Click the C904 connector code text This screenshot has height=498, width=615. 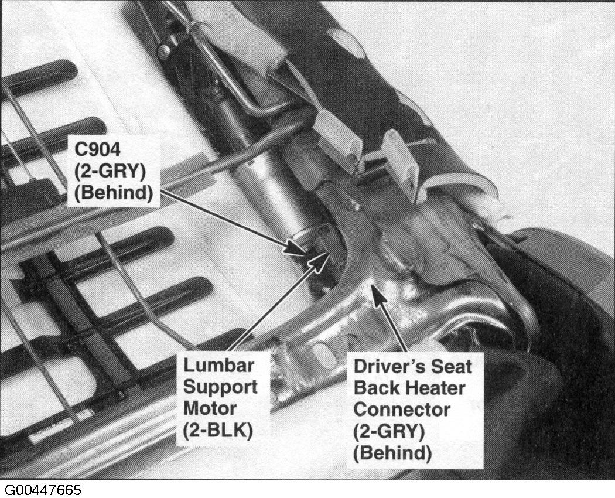tap(98, 149)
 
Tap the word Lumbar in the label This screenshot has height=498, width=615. tap(219, 366)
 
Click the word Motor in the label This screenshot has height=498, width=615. tap(210, 408)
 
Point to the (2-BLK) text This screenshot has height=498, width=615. tap(218, 431)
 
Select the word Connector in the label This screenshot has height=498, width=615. tap(402, 410)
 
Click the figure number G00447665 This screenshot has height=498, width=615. tap(43, 490)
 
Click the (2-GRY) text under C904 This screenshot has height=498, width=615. tap(110, 171)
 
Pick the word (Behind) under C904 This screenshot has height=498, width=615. tap(114, 193)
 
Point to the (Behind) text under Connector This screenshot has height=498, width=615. tap(392, 453)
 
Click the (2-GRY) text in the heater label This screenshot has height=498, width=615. tap(389, 431)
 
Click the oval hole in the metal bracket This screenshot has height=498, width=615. tap(324, 353)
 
